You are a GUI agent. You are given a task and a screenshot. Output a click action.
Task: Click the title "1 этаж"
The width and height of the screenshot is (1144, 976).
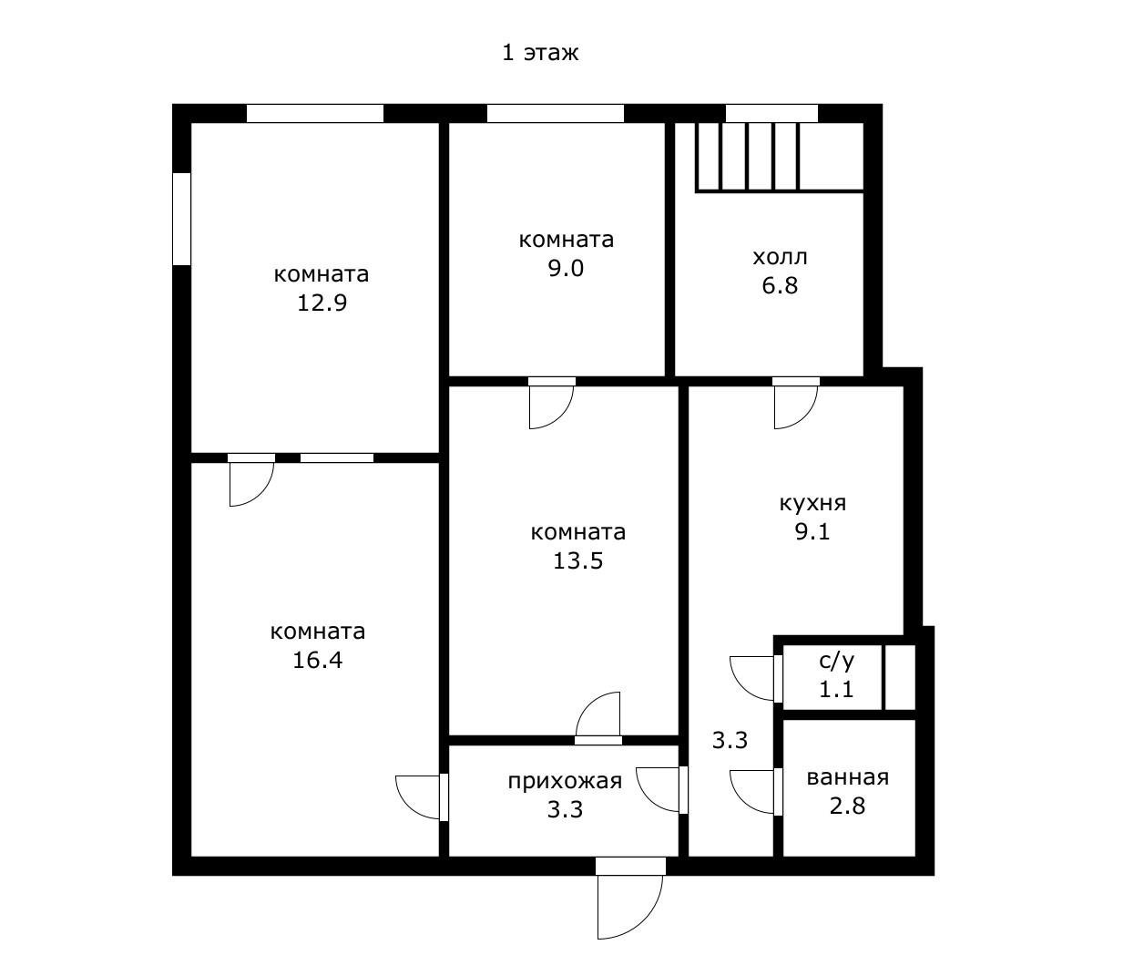tap(539, 53)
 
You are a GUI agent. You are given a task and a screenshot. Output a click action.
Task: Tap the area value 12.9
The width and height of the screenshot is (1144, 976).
tap(322, 303)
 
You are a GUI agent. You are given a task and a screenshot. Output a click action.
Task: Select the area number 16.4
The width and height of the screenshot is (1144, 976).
tap(318, 660)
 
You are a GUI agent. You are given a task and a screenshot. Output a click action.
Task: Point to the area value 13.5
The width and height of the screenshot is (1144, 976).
tap(578, 560)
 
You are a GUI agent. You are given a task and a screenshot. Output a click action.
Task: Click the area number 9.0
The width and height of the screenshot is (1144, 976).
tap(567, 269)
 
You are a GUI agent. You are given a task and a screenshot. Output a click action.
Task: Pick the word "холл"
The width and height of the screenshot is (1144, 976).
tap(780, 257)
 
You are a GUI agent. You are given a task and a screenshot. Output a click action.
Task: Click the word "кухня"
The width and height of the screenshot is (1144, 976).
tap(812, 504)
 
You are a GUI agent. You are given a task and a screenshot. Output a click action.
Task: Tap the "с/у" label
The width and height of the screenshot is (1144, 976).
tap(837, 661)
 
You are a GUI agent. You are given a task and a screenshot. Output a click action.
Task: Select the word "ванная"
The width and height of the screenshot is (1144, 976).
tap(847, 778)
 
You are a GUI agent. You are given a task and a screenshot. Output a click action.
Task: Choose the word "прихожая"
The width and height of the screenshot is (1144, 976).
tap(565, 781)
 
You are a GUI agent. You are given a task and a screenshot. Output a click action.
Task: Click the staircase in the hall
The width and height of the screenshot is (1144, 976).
tap(780, 158)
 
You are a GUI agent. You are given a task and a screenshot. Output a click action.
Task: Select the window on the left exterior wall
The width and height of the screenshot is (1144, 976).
tap(181, 220)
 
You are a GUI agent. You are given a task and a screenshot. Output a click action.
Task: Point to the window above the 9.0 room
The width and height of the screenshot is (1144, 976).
tap(555, 113)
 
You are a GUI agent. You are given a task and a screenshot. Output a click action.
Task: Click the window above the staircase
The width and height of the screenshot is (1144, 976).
tap(771, 113)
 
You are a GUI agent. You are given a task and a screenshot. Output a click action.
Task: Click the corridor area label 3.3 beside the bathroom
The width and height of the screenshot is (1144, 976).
tap(730, 740)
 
